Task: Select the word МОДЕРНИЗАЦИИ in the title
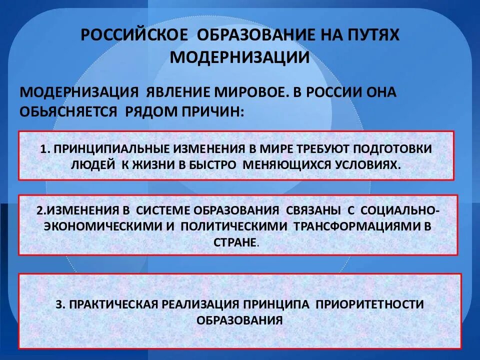(x=239, y=57)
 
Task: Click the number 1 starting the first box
(x=43, y=149)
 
